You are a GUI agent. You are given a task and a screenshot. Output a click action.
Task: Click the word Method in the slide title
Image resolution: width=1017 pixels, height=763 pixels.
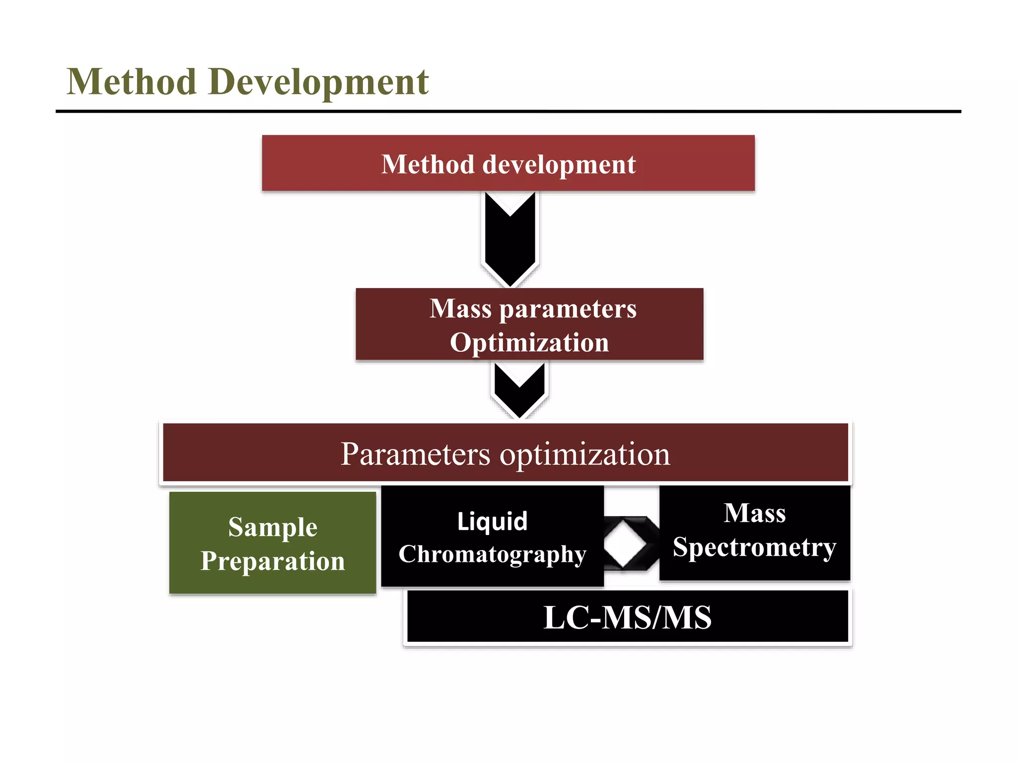coord(132,82)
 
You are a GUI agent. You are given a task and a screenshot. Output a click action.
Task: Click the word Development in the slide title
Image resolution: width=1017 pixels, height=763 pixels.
coord(318,82)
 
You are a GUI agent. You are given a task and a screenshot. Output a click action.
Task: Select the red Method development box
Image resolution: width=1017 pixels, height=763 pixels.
coord(508,163)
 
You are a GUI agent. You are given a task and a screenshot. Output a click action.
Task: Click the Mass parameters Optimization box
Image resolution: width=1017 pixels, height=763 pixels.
coord(529,324)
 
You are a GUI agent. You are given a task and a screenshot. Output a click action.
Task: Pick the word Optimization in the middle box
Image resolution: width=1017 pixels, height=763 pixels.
coord(529,343)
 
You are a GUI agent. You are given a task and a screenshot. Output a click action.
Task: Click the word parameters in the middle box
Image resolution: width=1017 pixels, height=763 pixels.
coord(568,309)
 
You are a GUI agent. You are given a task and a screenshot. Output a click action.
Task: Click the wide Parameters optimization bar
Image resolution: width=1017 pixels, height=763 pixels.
coord(505,453)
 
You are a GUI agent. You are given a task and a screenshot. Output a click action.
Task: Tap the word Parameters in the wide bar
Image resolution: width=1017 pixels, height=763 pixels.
coord(415,454)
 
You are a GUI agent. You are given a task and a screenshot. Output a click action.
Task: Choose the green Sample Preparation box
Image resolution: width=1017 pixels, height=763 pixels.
coord(273,543)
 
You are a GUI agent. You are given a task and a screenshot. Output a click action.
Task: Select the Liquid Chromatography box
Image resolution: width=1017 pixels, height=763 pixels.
coord(492,536)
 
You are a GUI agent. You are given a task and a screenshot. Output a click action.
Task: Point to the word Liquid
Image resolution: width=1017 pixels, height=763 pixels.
coord(492,522)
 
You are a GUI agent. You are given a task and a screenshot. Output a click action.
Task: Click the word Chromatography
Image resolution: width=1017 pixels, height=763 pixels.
coord(492,554)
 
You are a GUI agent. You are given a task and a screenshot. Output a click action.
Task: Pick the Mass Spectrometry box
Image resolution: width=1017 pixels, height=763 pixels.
coord(754,533)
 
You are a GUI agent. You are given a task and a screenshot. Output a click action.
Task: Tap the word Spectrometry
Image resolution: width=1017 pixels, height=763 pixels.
coord(754,548)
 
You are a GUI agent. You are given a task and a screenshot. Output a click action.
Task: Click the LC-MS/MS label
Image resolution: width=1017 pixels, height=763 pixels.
coord(627,617)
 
